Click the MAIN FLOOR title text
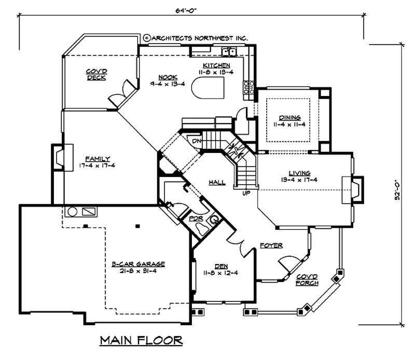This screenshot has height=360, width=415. tap(141, 341)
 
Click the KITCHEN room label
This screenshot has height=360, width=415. tap(216, 65)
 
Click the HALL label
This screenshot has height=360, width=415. tap(217, 183)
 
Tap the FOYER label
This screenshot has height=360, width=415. tap(271, 244)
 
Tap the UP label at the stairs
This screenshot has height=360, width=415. tap(246, 194)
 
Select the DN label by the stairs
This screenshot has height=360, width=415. tap(197, 141)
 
